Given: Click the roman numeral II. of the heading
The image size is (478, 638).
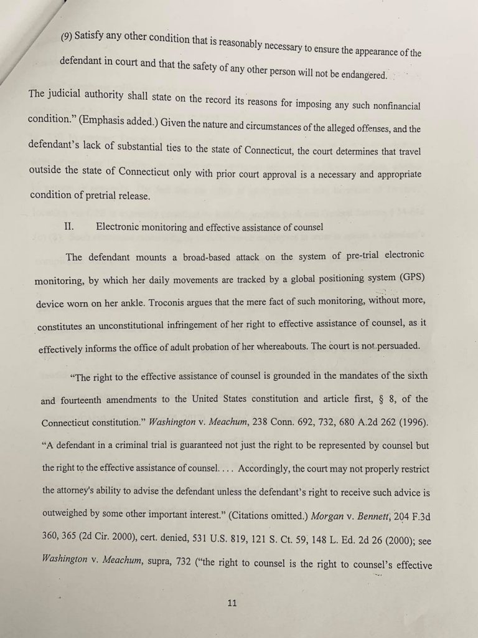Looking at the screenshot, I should pos(70,227).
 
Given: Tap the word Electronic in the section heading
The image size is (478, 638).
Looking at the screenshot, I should pos(121,227).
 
